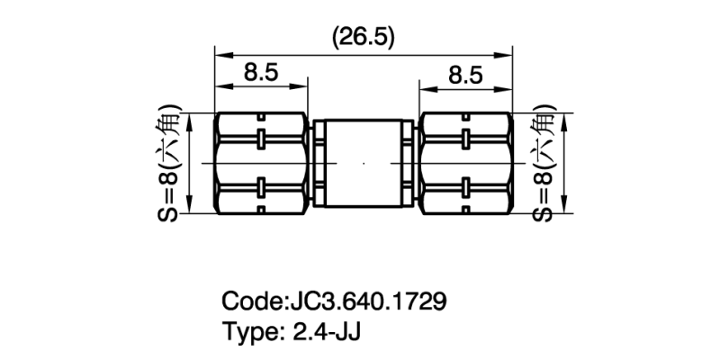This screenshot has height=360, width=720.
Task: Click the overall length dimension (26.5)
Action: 364,37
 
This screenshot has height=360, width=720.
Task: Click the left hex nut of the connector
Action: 262,164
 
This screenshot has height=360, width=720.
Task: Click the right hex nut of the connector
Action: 465,164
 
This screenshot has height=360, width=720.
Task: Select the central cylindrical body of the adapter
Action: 364,164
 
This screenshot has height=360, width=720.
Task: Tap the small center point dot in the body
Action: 364,164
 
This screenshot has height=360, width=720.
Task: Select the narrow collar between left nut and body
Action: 316,164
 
